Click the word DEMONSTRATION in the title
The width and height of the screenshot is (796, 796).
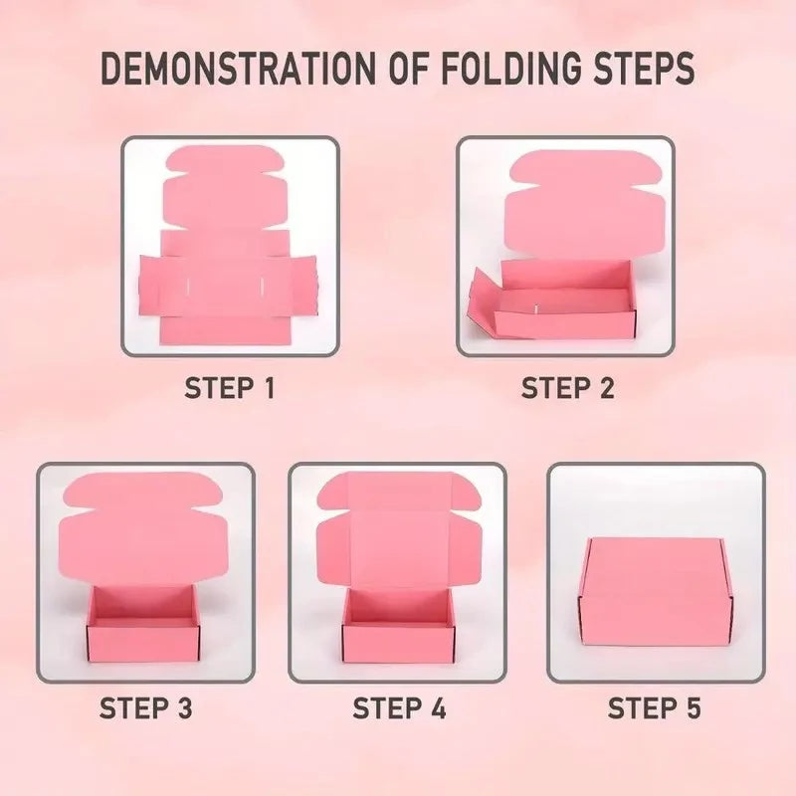[x=238, y=68]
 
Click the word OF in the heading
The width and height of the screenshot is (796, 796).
[x=408, y=68]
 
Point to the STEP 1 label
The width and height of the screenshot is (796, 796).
[x=230, y=388]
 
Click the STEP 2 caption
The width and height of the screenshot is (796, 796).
[x=567, y=388]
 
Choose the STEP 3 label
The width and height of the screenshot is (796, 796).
[x=145, y=708]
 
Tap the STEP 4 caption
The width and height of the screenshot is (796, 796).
[x=399, y=708]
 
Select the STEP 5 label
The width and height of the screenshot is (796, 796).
[x=654, y=708]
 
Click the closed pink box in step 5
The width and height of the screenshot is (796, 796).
[x=656, y=591]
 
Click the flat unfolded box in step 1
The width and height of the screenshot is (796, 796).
[x=229, y=245]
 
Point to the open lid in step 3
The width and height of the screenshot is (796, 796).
[x=143, y=528]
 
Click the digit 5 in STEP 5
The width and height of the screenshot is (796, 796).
[x=693, y=708]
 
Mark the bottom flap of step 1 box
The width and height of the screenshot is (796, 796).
[x=224, y=330]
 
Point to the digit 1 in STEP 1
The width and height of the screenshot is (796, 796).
[x=269, y=388]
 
